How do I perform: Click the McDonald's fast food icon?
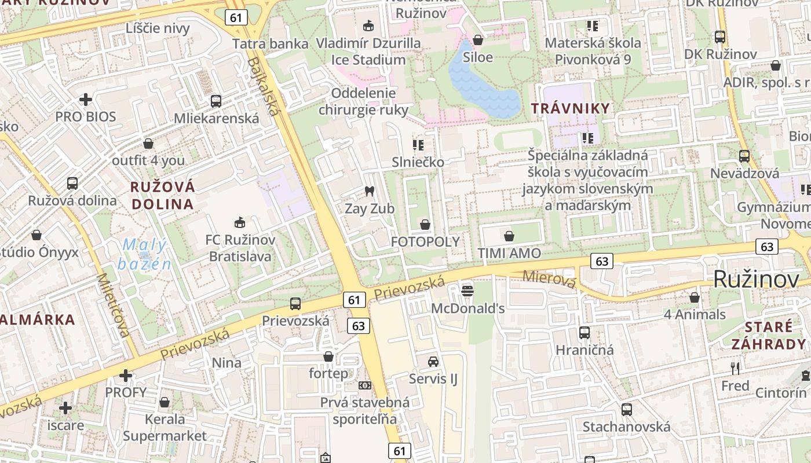[x=467, y=289]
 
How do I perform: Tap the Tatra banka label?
[x=271, y=43]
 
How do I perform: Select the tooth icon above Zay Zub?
[x=369, y=191]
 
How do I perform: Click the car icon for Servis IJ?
[x=433, y=362]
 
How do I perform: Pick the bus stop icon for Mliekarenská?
[x=216, y=101]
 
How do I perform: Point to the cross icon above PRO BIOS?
[x=86, y=100]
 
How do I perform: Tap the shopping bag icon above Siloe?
[x=478, y=40]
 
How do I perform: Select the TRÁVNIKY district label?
[x=571, y=108]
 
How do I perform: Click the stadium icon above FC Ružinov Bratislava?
[x=239, y=222]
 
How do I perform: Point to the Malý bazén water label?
[x=145, y=254]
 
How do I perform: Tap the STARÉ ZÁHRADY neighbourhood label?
[x=768, y=335]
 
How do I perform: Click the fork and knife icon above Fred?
[x=735, y=368]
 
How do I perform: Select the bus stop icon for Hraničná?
[x=584, y=333]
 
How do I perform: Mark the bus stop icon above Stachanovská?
[x=626, y=410]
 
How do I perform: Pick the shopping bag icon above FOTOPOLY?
[x=425, y=225]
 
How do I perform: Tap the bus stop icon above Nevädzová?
[x=744, y=156]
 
